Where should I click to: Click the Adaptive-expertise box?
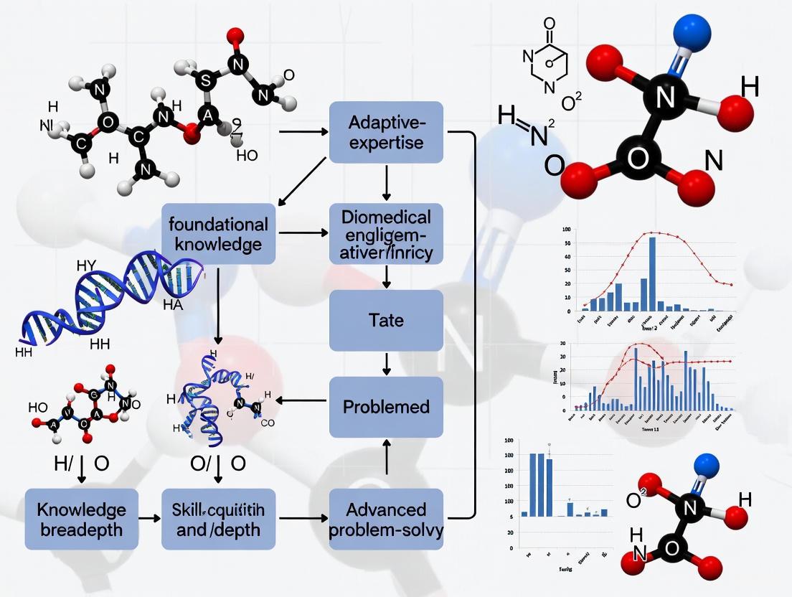coord(386,132)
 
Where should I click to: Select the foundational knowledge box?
coord(219,233)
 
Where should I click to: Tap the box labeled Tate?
coord(386,320)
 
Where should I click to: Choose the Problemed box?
coord(386,407)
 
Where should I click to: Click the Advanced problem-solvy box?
coord(386,519)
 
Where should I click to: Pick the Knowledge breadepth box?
coord(82,519)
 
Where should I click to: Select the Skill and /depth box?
coord(219,519)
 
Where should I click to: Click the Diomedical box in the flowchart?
coord(386,234)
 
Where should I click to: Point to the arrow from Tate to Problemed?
coord(387,364)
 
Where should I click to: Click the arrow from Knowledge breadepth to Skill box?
coord(150,517)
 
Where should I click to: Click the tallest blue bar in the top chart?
coord(652,273)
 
